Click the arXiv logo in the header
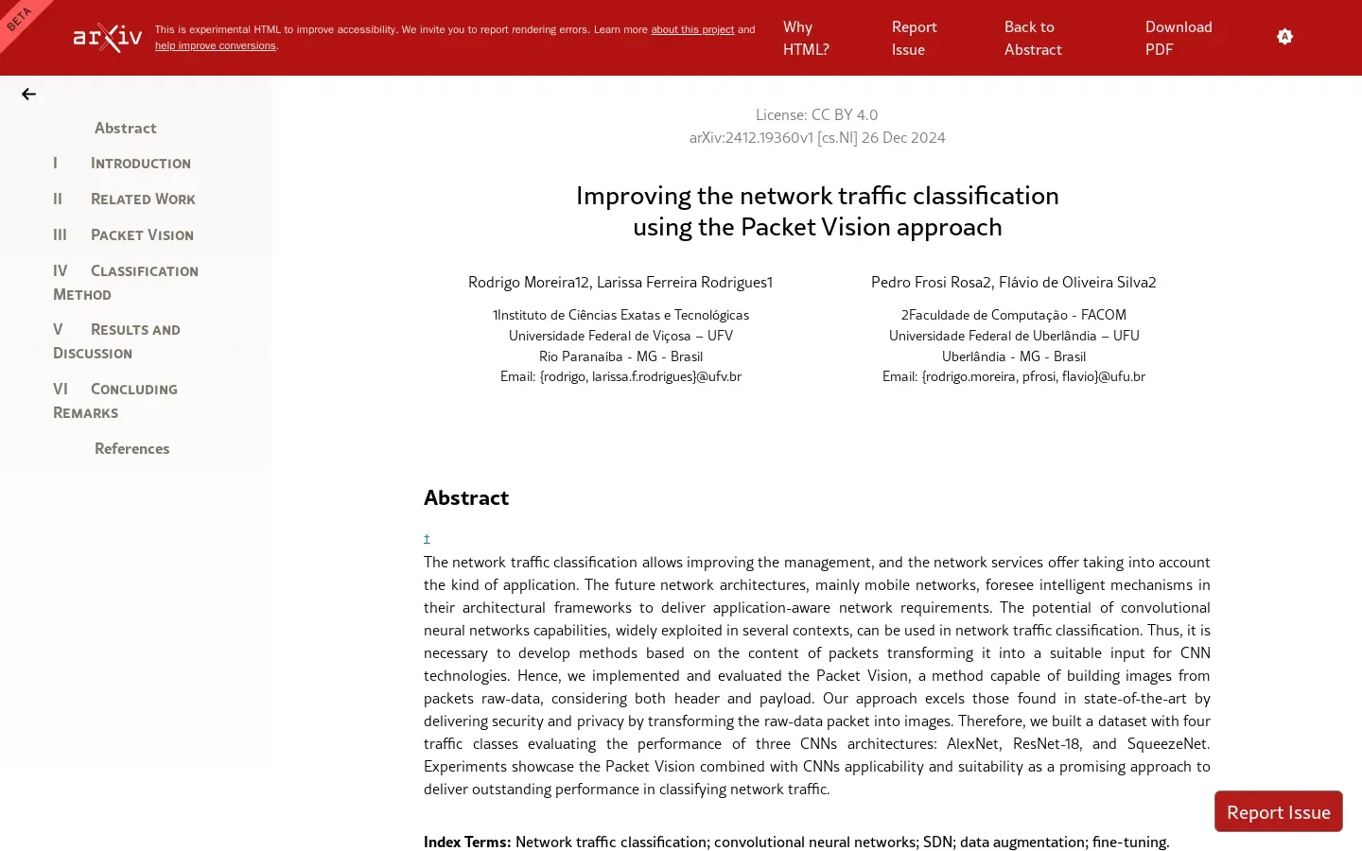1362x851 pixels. pos(108,38)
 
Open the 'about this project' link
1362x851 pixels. pos(691,30)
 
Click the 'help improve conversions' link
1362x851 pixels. pos(216,46)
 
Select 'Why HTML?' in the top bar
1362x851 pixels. pos(806,38)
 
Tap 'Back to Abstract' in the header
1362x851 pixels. pos(1033,38)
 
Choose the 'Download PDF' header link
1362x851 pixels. pos(1178,38)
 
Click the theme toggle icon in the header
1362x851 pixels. pos(1284,37)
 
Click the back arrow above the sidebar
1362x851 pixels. pos(28,94)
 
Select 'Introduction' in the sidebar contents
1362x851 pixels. pos(140,164)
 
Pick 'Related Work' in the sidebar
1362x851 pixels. pos(142,200)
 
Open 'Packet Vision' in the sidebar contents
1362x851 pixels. pos(142,235)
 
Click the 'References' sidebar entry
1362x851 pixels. pos(131,449)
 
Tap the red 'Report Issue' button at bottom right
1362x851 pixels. pos(1278,812)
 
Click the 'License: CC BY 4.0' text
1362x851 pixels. pos(816,114)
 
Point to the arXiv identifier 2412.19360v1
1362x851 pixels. pos(768,138)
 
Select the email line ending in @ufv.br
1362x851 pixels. pos(620,376)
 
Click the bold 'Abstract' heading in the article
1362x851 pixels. pos(466,498)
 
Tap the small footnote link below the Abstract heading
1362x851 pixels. pos(427,539)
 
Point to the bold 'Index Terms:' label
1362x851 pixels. pos(467,842)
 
